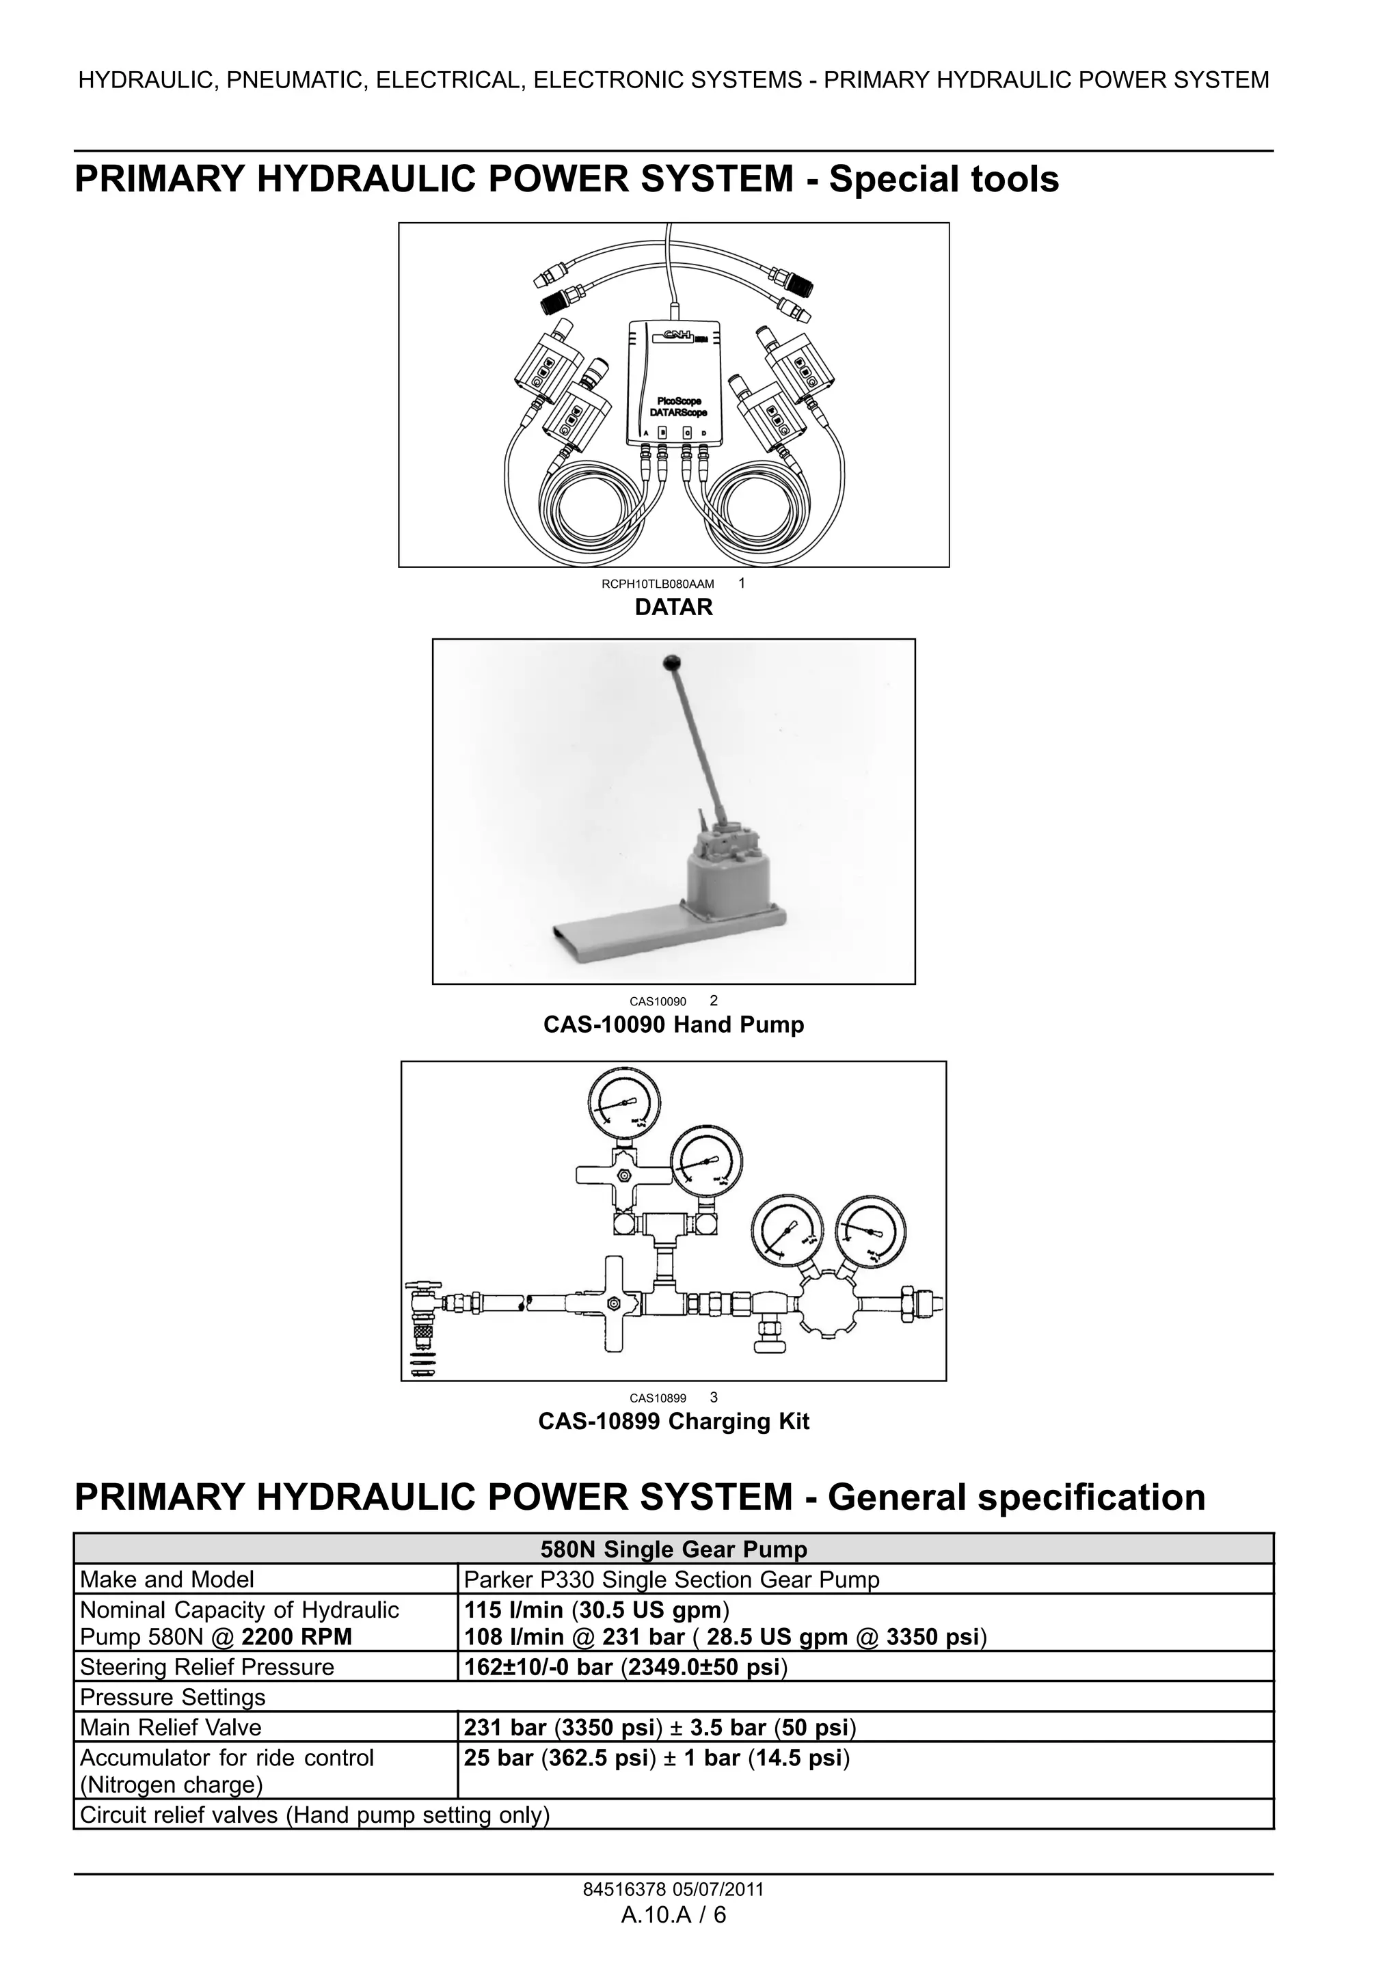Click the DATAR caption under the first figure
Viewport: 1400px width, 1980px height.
coord(674,607)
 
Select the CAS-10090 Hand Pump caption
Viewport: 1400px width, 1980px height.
coord(674,1025)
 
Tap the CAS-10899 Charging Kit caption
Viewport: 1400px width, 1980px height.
coord(674,1421)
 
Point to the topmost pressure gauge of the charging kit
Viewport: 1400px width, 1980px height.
coord(623,1104)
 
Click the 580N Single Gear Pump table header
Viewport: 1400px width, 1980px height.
coord(674,1549)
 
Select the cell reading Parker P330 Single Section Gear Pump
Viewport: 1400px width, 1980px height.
coord(671,1580)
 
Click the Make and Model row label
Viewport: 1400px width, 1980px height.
coord(167,1580)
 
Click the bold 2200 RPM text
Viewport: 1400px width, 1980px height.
coord(297,1637)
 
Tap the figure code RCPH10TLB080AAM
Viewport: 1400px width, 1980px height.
coord(658,584)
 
